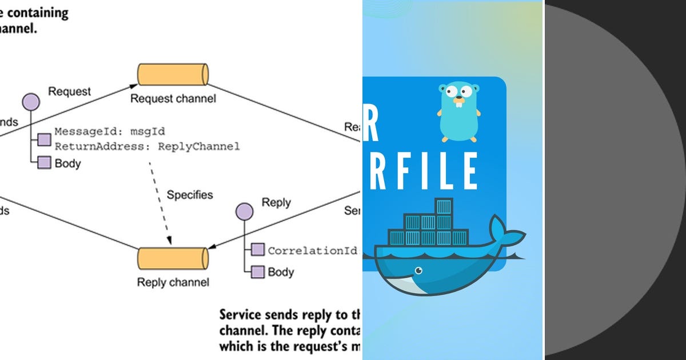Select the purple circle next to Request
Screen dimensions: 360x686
click(31, 102)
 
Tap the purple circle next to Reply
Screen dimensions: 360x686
click(245, 212)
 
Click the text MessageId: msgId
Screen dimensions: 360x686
click(110, 132)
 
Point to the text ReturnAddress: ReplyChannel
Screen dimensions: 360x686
click(147, 147)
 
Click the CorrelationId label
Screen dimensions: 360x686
click(313, 250)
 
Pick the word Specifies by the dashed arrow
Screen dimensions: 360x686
click(190, 195)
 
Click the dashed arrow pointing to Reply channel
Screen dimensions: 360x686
click(160, 203)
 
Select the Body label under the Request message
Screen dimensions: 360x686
click(67, 163)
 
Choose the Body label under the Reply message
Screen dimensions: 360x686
click(281, 272)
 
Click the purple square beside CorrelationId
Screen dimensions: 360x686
click(258, 250)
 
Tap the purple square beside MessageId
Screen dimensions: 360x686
click(45, 139)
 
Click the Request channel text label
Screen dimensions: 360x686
click(173, 99)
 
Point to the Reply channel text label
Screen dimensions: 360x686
click(173, 282)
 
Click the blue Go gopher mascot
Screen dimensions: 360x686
click(458, 111)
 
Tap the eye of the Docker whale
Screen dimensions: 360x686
click(420, 270)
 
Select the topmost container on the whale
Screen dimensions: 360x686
click(443, 206)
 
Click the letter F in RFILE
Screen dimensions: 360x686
click(411, 171)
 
